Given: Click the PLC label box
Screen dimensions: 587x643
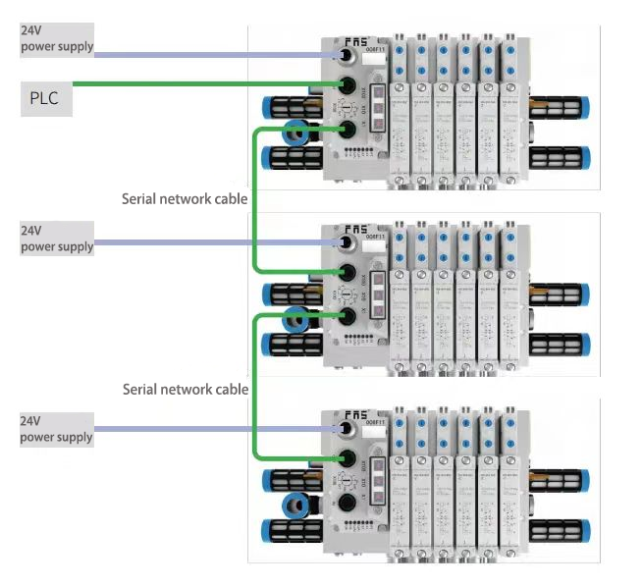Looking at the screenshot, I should pyautogui.click(x=46, y=99).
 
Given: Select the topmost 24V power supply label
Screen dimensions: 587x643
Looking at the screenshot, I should pyautogui.click(x=57, y=38).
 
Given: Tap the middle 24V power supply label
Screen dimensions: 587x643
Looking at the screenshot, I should pyautogui.click(x=57, y=239).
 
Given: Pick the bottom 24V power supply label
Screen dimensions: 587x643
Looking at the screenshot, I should pyautogui.click(x=57, y=429).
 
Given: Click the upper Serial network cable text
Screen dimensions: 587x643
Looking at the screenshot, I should pyautogui.click(x=185, y=198).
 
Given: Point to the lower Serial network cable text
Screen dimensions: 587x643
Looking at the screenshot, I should pyautogui.click(x=185, y=389).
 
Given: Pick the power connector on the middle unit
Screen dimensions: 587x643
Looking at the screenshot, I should pyautogui.click(x=347, y=242).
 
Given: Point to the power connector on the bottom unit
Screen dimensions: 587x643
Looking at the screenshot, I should pyautogui.click(x=347, y=430).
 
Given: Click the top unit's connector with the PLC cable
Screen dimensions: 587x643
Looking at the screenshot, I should pyautogui.click(x=347, y=85).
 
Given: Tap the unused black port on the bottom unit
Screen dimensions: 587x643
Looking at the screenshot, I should pyautogui.click(x=347, y=504).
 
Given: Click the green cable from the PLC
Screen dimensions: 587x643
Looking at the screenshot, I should pyautogui.click(x=196, y=83).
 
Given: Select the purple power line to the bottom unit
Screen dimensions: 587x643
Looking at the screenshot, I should pyautogui.click(x=216, y=429).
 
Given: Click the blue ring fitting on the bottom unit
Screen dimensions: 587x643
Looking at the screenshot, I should pyautogui.click(x=294, y=505).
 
